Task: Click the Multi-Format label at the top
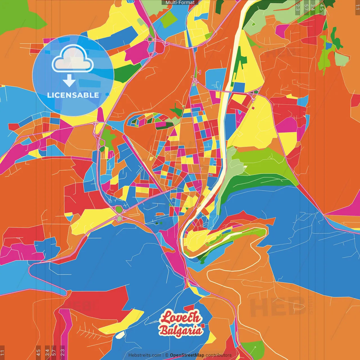[180, 3]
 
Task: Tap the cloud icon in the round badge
[73, 59]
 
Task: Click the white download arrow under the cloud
[69, 81]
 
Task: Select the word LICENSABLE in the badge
[73, 95]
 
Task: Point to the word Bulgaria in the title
[181, 330]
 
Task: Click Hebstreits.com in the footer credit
[145, 355]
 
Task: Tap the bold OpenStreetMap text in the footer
[187, 355]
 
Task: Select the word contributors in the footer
[219, 355]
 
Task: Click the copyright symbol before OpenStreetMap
[167, 355]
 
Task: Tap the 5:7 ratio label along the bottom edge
[54, 352]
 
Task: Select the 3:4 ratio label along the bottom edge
[47, 352]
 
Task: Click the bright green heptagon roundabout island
[119, 210]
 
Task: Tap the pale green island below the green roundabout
[120, 218]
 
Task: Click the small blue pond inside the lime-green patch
[328, 46]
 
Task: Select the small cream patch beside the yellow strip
[120, 335]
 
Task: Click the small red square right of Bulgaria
[203, 326]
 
